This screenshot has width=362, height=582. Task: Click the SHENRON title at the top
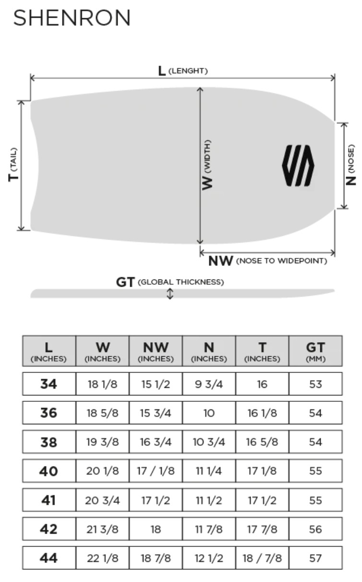[72, 18]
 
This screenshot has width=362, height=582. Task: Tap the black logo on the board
[298, 165]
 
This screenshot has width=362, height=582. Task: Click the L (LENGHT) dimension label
[183, 70]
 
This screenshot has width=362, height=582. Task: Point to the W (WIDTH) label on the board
[207, 165]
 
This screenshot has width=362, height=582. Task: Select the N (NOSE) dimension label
[350, 165]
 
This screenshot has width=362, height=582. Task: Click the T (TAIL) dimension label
[13, 164]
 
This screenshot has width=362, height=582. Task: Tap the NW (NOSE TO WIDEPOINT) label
[268, 261]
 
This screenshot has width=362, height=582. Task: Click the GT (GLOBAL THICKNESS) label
[170, 282]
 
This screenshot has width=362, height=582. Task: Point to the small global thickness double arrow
[170, 294]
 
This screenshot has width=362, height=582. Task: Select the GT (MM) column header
[315, 351]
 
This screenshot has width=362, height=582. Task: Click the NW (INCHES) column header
[156, 351]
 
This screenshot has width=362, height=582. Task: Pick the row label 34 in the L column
[48, 384]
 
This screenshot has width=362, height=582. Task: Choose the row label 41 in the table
[48, 500]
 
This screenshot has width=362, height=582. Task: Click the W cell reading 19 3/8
[103, 442]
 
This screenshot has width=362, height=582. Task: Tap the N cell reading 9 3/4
[209, 384]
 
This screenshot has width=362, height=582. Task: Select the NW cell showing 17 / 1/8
[156, 471]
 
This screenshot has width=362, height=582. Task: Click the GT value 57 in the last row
[315, 558]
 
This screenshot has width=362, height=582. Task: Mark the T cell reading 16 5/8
[262, 442]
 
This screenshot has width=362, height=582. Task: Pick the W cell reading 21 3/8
[103, 529]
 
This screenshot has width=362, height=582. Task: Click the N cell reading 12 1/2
[209, 558]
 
